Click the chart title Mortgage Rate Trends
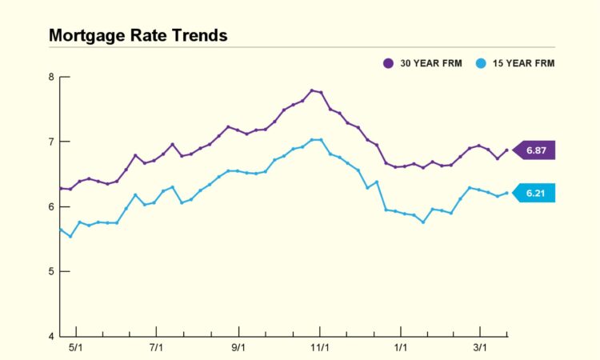click(x=138, y=36)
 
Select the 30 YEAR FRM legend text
click(x=432, y=63)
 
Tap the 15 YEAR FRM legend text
click(x=523, y=63)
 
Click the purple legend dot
click(x=388, y=63)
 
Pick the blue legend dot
click(x=479, y=63)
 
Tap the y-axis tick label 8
click(x=51, y=78)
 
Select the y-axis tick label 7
click(x=51, y=142)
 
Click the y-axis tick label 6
click(x=51, y=206)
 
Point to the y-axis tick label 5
click(x=51, y=271)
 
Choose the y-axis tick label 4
click(x=51, y=336)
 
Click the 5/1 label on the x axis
click(x=77, y=348)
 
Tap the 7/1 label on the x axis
click(x=157, y=348)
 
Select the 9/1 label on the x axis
click(x=238, y=348)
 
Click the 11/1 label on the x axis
click(x=320, y=348)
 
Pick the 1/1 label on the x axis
click(x=400, y=348)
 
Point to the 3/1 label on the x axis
click(x=480, y=348)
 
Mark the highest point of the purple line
click(x=311, y=90)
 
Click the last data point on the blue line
click(x=506, y=193)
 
